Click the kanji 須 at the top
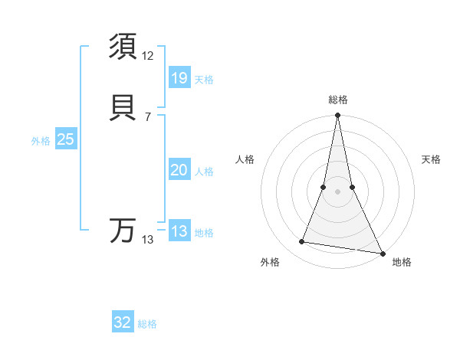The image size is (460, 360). (x=123, y=47)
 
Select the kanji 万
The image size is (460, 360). (x=123, y=231)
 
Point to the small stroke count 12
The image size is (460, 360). (x=148, y=56)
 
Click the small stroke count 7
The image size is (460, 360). (x=148, y=116)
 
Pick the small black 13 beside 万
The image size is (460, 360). (x=148, y=240)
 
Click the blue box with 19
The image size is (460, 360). (x=179, y=78)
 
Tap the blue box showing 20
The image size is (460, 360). (x=179, y=170)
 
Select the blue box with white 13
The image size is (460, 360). (x=179, y=231)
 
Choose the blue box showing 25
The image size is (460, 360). (x=66, y=139)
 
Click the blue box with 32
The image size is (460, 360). (x=123, y=322)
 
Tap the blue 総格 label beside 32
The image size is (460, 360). (x=147, y=324)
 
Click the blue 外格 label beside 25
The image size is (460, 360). (x=41, y=141)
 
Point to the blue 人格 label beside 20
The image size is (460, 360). (x=204, y=172)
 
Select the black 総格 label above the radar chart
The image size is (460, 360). (x=338, y=100)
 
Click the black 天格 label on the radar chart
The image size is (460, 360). (x=432, y=159)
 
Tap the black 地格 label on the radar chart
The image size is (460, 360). (x=402, y=262)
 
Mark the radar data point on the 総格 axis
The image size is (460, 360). (x=338, y=116)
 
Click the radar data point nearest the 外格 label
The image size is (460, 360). (x=302, y=242)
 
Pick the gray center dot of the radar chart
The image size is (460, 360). (x=338, y=191)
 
